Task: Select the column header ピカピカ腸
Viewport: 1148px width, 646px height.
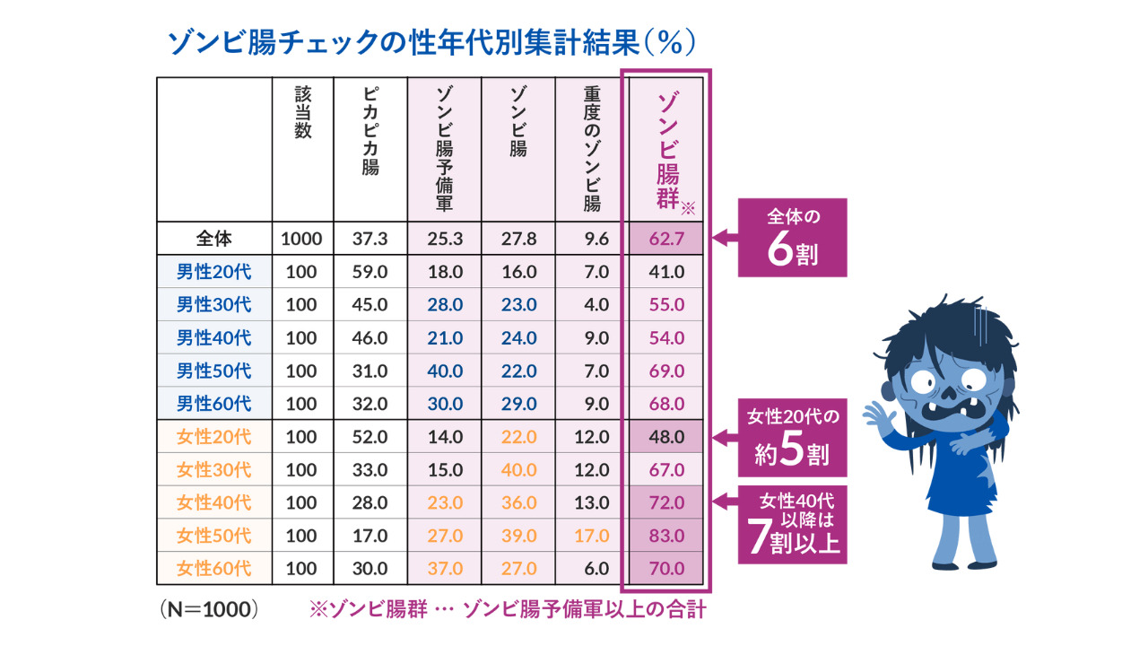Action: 370,131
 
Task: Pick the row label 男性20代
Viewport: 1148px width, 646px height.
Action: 214,272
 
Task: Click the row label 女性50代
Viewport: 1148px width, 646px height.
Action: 214,536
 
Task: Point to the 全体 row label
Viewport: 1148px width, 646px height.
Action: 214,239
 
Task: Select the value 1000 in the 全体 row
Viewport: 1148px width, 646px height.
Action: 301,239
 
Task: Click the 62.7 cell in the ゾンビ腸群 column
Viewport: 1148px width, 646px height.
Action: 666,239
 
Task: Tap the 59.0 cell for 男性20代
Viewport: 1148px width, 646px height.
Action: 370,272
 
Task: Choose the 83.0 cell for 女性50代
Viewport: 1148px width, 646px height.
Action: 666,536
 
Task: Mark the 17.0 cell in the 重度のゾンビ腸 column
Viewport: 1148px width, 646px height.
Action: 591,536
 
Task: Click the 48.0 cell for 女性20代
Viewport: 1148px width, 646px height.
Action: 666,437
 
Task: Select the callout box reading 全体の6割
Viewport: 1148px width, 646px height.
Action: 793,239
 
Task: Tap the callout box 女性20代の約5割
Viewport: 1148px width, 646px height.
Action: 793,437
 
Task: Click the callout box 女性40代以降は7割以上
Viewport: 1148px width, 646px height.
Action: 793,523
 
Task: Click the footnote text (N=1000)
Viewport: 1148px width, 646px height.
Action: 210,610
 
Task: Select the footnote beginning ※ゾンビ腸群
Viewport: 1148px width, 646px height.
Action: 508,610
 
